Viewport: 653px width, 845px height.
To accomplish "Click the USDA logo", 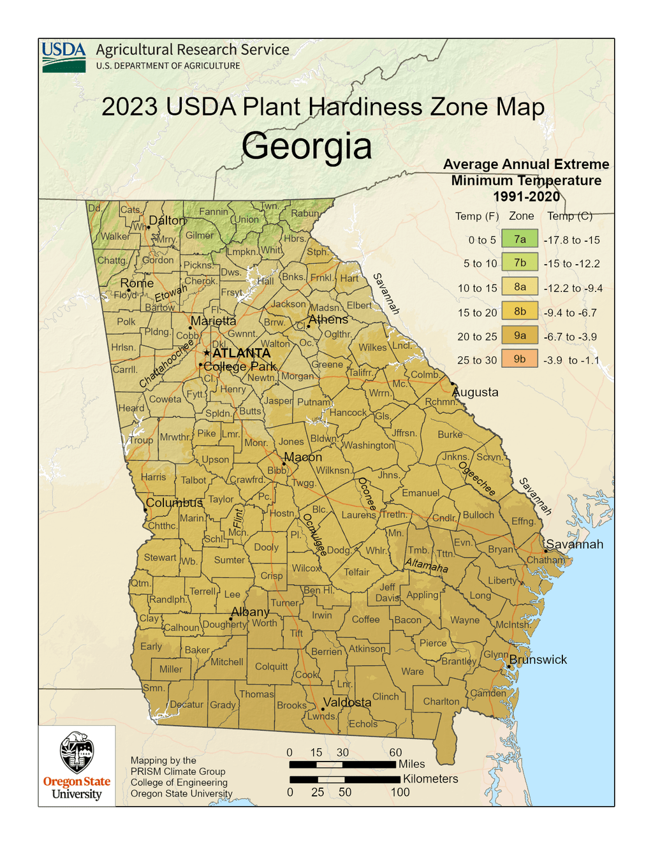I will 64,57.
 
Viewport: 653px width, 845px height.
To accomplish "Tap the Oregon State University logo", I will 77,766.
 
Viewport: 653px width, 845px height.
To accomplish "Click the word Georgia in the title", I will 307,146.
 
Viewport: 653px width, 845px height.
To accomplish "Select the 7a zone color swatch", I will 520,239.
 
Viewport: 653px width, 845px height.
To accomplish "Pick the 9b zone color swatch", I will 520,359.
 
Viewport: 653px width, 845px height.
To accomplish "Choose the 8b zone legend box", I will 520,312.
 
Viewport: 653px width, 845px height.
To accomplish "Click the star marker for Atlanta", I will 207,353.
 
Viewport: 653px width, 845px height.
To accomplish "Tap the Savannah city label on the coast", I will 575,544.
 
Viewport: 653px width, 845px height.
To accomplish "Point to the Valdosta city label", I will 347,702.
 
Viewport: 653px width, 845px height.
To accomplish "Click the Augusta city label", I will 476,392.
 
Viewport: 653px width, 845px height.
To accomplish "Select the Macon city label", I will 303,457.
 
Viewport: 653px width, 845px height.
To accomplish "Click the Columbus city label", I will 174,503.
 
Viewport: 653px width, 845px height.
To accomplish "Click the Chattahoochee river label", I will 166,364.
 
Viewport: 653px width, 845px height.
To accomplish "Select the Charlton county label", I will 441,702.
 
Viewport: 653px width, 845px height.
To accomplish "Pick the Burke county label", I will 450,434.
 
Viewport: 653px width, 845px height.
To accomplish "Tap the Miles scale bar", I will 342,764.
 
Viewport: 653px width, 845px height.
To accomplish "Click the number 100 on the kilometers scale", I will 400,793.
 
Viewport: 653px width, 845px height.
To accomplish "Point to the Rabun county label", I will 304,214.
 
